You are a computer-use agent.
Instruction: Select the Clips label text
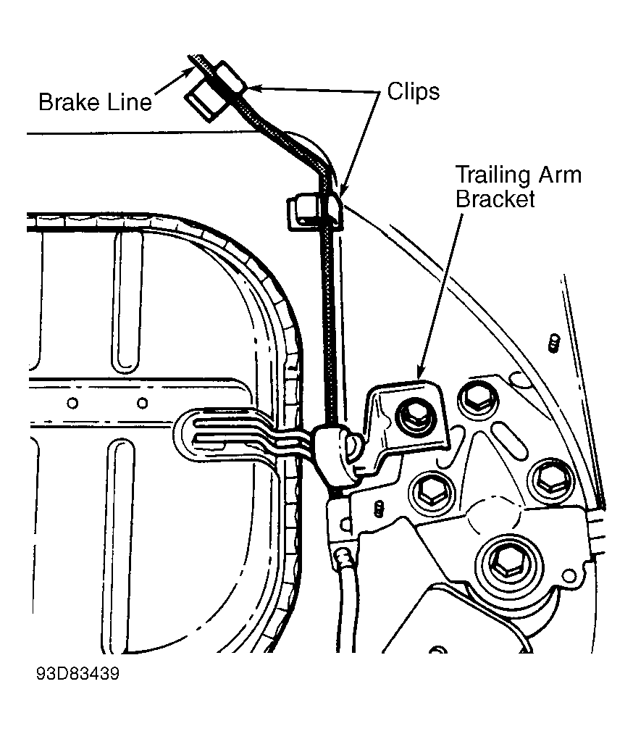click(414, 91)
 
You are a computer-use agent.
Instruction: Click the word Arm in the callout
click(561, 175)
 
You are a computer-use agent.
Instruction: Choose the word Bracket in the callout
click(495, 199)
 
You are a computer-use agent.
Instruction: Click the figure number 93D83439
click(77, 674)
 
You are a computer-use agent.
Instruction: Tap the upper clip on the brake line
click(216, 91)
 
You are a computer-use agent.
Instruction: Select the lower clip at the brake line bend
click(314, 212)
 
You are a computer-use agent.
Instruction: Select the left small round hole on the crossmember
click(72, 403)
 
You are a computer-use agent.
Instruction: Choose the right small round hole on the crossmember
click(142, 403)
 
